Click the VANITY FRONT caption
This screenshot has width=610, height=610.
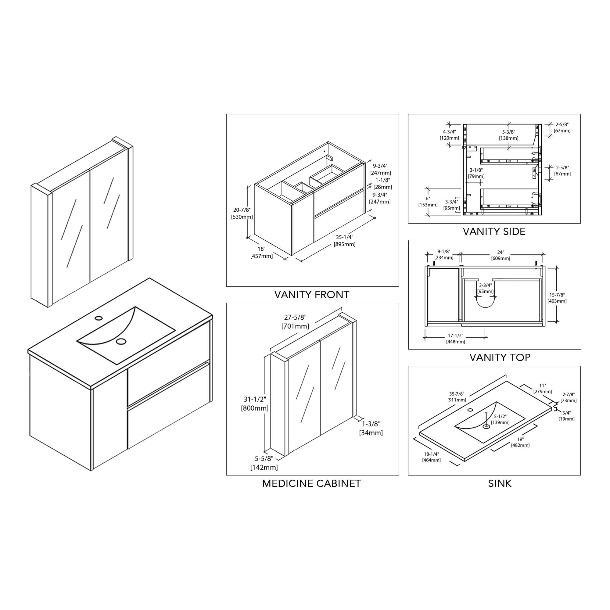(x=312, y=295)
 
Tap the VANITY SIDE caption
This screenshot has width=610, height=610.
(x=494, y=232)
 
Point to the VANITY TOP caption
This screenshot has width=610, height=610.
(x=500, y=358)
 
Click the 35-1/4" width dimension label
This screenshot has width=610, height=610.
(x=344, y=237)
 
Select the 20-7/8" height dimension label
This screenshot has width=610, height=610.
(x=242, y=210)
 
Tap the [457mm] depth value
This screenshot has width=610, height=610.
(x=261, y=256)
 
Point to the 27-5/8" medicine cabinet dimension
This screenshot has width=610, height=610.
(x=295, y=317)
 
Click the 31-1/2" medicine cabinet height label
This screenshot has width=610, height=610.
(x=255, y=400)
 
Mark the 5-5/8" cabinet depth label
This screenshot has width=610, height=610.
(x=264, y=458)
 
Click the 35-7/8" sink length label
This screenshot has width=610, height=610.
(x=457, y=394)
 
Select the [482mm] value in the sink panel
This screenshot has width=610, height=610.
(x=520, y=445)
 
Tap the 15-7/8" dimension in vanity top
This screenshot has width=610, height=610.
(x=557, y=295)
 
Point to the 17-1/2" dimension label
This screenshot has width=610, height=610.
(x=455, y=335)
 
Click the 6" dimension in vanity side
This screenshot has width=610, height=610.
(x=428, y=199)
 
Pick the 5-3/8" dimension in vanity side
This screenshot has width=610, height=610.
(x=508, y=132)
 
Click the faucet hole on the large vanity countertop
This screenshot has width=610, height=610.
(x=99, y=317)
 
